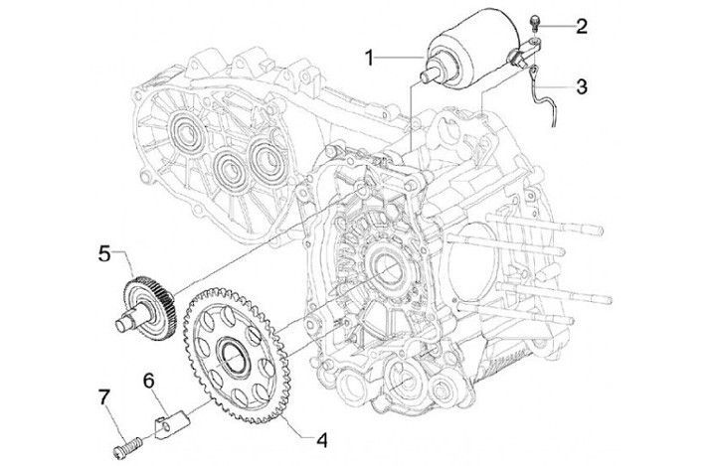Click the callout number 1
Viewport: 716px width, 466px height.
(370, 59)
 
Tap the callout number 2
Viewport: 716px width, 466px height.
(582, 27)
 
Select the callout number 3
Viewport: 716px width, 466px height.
(582, 86)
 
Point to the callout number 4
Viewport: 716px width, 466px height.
(322, 440)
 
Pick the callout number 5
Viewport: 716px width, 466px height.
(104, 254)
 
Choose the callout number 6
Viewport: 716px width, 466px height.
(149, 382)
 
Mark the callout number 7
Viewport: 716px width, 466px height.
(104, 397)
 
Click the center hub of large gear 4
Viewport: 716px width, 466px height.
(234, 354)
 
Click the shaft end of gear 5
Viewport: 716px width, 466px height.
(121, 326)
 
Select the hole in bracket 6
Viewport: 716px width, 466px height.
(168, 426)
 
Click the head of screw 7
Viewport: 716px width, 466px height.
(117, 451)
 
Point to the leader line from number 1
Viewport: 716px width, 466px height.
(400, 58)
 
